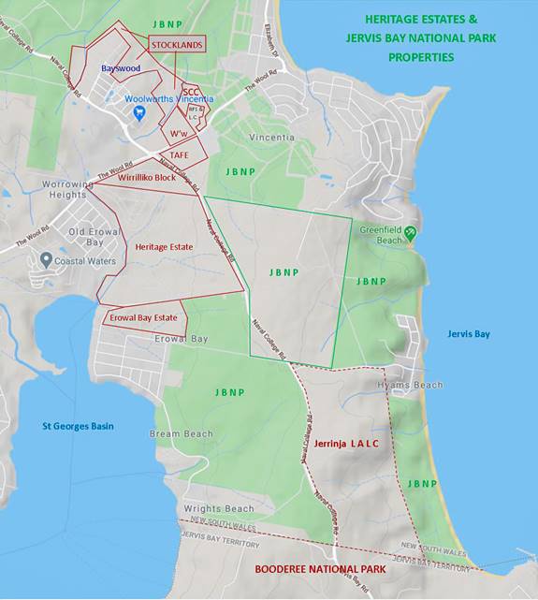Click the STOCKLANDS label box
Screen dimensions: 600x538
(176, 44)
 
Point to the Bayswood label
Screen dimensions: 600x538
(121, 67)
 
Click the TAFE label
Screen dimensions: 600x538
(181, 155)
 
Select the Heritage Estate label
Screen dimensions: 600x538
(163, 246)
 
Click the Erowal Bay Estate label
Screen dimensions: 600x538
(140, 318)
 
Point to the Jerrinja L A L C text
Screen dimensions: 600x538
(346, 443)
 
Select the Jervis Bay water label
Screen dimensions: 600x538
(469, 333)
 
